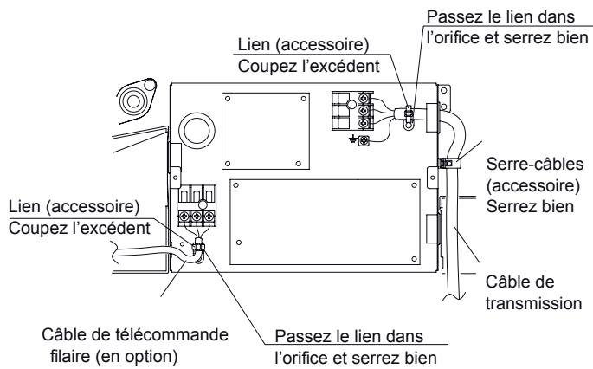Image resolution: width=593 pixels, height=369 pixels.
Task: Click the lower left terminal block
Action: [197, 212]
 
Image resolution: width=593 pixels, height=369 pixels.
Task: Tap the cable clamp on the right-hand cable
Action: [448, 162]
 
